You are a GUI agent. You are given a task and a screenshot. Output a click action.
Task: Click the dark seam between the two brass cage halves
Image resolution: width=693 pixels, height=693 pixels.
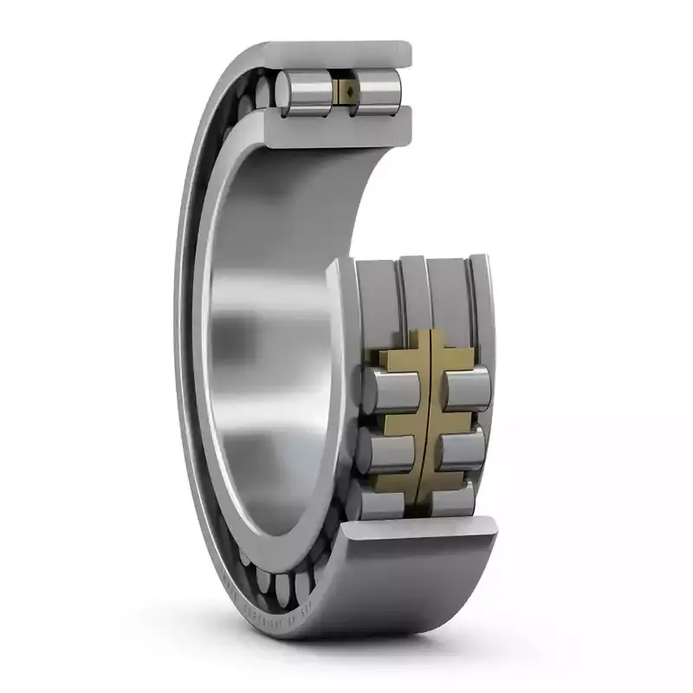click(x=427, y=416)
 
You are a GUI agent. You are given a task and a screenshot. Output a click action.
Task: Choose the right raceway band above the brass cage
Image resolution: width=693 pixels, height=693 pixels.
click(x=454, y=295)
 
